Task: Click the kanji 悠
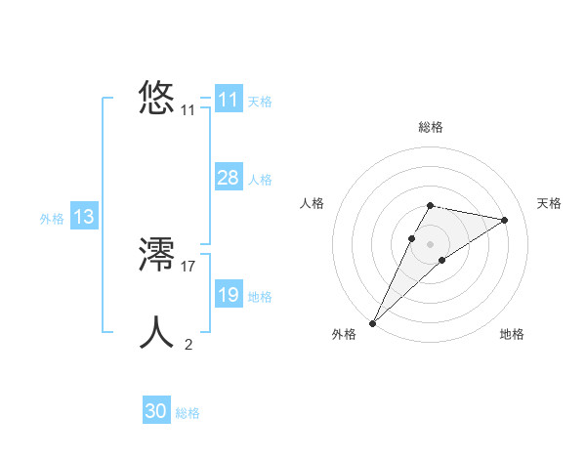point(157,99)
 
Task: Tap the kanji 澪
point(157,256)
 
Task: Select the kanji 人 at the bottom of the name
point(157,332)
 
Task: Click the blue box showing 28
point(229,177)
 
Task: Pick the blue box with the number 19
point(229,294)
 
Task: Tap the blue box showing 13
point(84,217)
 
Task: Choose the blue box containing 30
point(156,411)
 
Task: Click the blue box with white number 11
point(229,100)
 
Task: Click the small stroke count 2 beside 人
point(188,344)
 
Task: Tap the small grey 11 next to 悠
point(188,111)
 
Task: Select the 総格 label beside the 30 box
point(188,413)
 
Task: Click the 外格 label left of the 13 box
point(52,219)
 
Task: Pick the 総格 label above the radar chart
point(430,127)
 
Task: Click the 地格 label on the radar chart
point(512,334)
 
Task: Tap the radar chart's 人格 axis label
point(312,203)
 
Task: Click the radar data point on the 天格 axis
point(505,220)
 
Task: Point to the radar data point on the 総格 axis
point(430,205)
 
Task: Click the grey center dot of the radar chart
point(430,243)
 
